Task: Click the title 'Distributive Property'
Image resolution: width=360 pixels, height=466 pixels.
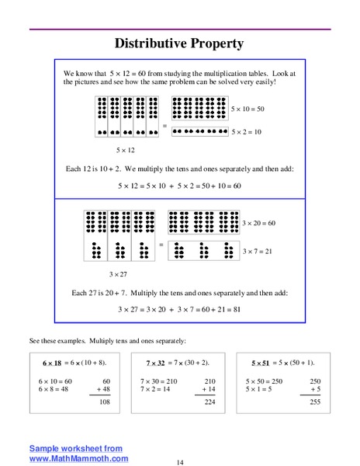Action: click(179, 43)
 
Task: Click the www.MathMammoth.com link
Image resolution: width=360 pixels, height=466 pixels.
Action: click(79, 458)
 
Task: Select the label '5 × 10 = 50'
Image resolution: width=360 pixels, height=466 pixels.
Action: click(248, 109)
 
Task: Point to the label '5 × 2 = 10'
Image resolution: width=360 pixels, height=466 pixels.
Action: click(247, 132)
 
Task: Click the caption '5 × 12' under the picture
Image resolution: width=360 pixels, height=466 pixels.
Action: click(125, 150)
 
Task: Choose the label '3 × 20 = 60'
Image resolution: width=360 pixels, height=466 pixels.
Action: click(258, 223)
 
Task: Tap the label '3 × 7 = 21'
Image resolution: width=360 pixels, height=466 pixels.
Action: click(257, 251)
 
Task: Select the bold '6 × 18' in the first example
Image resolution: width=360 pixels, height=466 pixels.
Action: click(51, 363)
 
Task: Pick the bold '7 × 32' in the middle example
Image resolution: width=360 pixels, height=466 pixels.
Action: click(157, 363)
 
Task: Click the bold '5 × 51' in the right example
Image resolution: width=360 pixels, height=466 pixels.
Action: click(263, 363)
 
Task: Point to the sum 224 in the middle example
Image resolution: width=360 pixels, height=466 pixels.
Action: click(209, 402)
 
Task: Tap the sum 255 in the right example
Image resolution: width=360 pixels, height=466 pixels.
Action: click(314, 402)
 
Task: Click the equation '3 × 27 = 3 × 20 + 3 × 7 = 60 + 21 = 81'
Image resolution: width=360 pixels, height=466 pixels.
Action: click(179, 309)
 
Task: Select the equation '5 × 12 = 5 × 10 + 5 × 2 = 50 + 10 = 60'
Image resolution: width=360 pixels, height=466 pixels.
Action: click(179, 186)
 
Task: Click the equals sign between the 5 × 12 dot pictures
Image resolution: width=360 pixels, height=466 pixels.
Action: click(164, 124)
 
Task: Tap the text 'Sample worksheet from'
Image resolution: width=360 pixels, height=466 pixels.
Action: click(76, 448)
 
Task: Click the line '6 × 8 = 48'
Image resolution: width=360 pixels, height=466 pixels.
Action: click(54, 389)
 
